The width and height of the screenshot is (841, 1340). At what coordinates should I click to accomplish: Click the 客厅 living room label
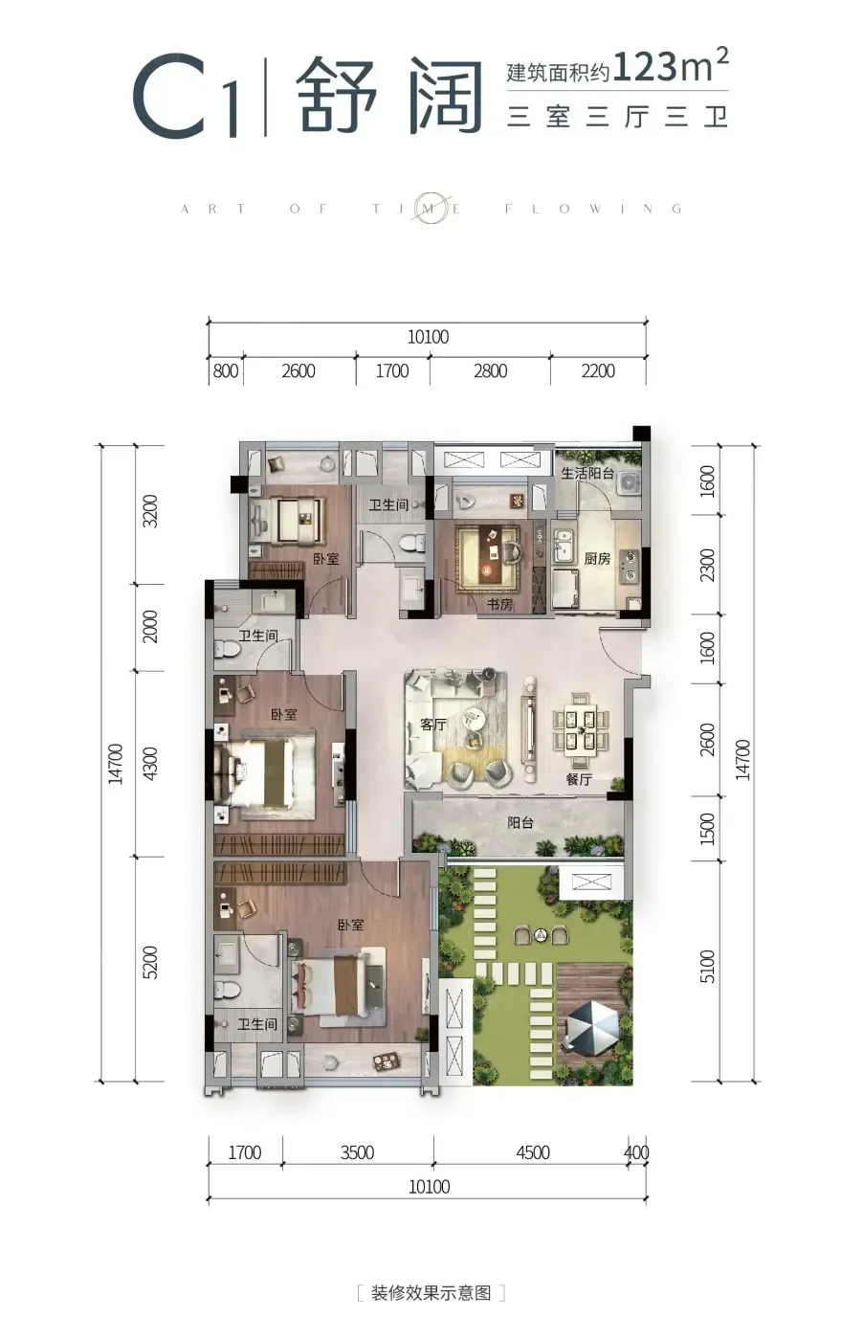pyautogui.click(x=432, y=725)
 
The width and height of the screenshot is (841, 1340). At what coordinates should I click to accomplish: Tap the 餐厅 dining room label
pyautogui.click(x=579, y=779)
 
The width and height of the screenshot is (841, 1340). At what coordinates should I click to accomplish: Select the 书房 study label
pyautogui.click(x=499, y=604)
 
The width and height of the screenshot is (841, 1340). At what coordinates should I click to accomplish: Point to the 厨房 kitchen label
pyautogui.click(x=597, y=559)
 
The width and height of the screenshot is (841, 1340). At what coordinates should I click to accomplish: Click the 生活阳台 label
pyautogui.click(x=586, y=473)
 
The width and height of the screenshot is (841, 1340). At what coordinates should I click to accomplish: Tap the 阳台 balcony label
pyautogui.click(x=520, y=822)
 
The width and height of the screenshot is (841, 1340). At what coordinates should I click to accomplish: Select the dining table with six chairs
pyautogui.click(x=580, y=730)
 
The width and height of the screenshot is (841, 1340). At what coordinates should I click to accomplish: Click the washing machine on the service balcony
pyautogui.click(x=628, y=480)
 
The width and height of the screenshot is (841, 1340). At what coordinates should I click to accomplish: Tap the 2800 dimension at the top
pyautogui.click(x=490, y=371)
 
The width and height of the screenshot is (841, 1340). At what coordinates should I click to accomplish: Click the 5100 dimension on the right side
pyautogui.click(x=707, y=966)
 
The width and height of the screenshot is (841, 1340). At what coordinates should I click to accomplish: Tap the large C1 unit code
pyautogui.click(x=187, y=96)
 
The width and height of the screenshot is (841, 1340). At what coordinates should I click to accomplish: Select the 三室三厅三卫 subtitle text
pyautogui.click(x=617, y=116)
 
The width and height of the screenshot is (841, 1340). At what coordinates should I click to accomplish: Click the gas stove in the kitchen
pyautogui.click(x=631, y=567)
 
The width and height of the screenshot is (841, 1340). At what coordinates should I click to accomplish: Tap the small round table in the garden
pyautogui.click(x=541, y=934)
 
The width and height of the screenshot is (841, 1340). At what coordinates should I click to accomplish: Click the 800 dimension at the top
pyautogui.click(x=226, y=371)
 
